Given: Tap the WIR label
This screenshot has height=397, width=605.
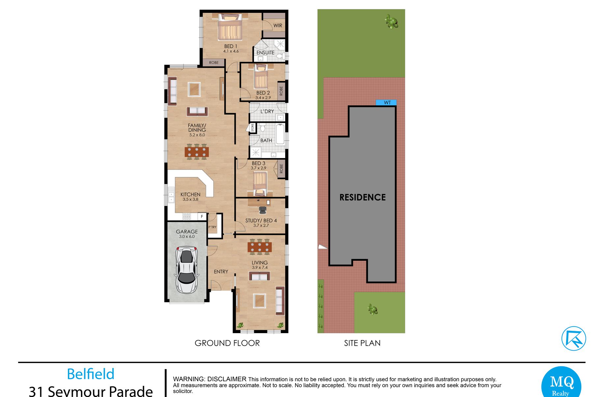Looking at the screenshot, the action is (x=278, y=25).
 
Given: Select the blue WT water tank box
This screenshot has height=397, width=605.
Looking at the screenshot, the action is (x=386, y=103).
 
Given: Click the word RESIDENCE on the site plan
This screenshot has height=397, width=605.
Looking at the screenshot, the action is (x=363, y=197).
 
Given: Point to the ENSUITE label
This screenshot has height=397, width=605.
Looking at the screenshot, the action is (x=265, y=52).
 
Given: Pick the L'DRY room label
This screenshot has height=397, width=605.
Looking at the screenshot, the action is (x=267, y=111).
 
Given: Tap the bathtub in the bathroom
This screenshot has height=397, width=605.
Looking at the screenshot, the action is (x=280, y=134).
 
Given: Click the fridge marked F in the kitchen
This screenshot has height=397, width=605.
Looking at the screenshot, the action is (x=202, y=216).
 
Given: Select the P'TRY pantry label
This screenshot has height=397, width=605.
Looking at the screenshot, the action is (x=212, y=227).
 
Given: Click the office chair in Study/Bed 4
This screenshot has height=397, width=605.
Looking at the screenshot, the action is (x=262, y=210).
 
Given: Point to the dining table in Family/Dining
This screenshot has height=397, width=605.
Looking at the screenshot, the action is (x=197, y=152).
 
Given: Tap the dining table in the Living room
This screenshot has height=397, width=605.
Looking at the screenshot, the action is (x=260, y=247).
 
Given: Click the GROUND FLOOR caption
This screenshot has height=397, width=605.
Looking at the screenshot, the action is (x=227, y=343).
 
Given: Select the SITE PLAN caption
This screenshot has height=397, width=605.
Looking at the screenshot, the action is (x=362, y=343).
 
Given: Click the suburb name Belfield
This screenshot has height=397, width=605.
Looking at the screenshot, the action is (x=91, y=374).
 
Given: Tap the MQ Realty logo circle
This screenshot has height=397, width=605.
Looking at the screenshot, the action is (x=561, y=384).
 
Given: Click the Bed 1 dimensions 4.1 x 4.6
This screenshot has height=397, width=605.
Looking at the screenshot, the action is (x=231, y=51).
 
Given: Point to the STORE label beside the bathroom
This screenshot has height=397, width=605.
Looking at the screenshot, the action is (x=253, y=128).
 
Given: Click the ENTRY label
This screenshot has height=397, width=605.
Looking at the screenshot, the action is (x=221, y=272).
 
